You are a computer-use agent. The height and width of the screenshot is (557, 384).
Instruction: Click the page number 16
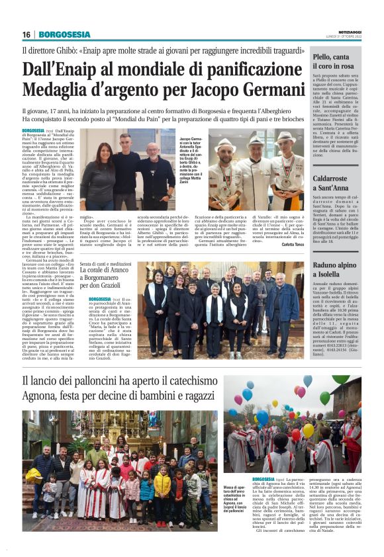point(26,34)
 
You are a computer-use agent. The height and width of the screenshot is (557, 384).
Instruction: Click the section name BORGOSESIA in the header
point(63,34)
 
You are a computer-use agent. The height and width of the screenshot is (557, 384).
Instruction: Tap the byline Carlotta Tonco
point(291,245)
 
